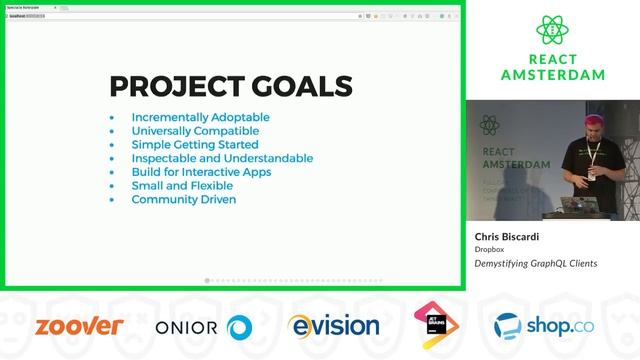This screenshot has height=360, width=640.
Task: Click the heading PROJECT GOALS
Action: pos(230,86)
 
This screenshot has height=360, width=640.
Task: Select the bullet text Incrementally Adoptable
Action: pos(200,117)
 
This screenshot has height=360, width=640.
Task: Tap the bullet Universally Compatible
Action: pos(195,131)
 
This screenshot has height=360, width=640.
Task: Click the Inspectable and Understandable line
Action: pos(222,158)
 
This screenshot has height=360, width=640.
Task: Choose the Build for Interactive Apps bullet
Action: pos(201,172)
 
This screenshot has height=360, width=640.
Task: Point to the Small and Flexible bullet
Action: pos(182,186)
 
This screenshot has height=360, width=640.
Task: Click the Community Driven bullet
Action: pos(183,199)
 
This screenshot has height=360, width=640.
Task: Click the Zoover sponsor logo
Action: pos(79,326)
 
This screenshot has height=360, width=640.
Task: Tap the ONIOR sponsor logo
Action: pos(203,327)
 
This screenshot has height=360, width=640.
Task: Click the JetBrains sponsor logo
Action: pos(436,326)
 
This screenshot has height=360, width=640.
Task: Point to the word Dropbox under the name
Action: pos(489,250)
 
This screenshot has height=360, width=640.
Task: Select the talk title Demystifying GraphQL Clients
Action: pos(535,264)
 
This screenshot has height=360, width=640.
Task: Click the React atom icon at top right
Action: pos(552,31)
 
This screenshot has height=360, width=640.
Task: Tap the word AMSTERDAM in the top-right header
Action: pos(552,74)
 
